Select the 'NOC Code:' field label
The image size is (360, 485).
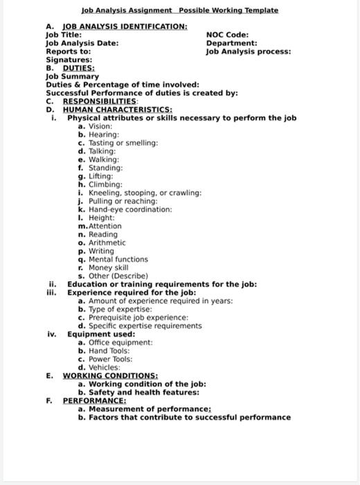coord(228,35)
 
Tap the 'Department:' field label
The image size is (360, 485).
coord(232,43)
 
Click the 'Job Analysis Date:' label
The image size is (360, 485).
coord(81,43)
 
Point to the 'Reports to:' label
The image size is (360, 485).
coord(68,51)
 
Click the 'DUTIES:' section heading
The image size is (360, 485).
coord(78,68)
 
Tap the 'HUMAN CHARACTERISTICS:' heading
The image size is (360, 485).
coord(117,109)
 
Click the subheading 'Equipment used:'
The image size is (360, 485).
coord(100,334)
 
